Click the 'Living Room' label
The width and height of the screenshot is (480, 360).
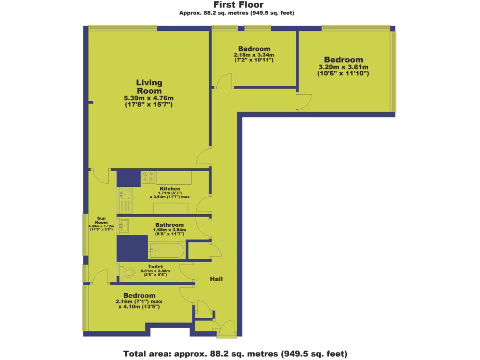(x=149, y=87)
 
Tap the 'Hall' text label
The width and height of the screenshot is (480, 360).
(x=216, y=279)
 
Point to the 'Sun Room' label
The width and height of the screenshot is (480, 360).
(x=101, y=220)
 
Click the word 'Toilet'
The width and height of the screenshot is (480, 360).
(x=155, y=266)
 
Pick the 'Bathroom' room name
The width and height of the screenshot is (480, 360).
(x=170, y=225)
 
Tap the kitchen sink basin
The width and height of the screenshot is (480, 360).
(x=125, y=193)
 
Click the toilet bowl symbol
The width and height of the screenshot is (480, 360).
(x=127, y=271)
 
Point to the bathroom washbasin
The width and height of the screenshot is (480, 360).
(x=124, y=225)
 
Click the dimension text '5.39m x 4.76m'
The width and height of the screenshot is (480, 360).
(x=149, y=98)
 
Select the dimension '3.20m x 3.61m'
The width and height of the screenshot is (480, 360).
(x=343, y=67)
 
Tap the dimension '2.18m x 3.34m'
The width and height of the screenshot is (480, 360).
(x=254, y=55)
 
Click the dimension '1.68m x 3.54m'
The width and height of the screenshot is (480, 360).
(x=170, y=230)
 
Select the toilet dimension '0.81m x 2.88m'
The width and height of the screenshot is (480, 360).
(x=155, y=270)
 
